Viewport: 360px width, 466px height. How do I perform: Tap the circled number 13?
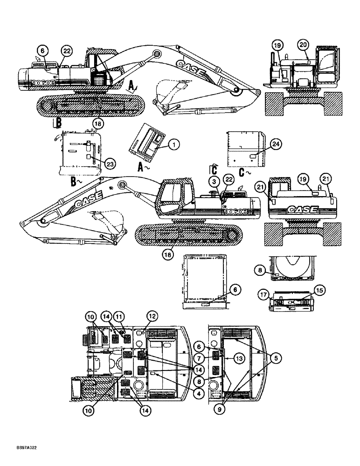click(239, 358)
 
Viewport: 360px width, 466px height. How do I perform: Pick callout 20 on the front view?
click(303, 45)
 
